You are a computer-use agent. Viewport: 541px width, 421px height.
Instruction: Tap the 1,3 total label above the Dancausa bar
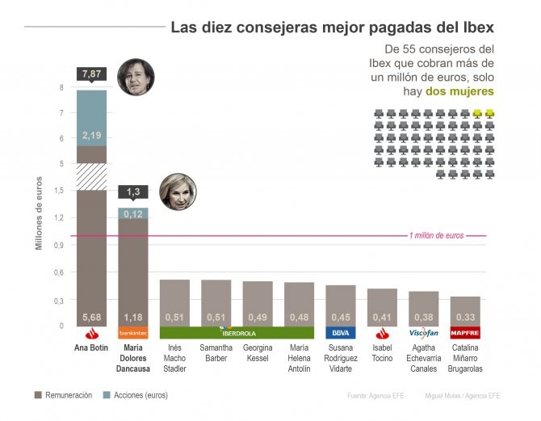pos(133,192)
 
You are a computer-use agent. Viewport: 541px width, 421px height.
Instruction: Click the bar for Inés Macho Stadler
pos(174,303)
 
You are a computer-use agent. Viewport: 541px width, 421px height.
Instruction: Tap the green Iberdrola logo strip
pos(237,332)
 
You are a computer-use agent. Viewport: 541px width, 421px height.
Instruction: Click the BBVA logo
pos(340,332)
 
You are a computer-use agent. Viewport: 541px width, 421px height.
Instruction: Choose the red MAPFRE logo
pos(465,332)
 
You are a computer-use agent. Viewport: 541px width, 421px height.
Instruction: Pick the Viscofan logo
pos(423,332)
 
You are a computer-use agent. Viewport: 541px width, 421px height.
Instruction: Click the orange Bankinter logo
pos(133,332)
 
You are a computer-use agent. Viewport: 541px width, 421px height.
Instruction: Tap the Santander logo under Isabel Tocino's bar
pos(382,332)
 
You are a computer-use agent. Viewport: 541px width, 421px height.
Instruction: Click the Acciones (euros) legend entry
pos(135,395)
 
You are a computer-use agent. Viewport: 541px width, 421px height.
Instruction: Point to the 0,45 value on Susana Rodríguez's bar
pos(340,317)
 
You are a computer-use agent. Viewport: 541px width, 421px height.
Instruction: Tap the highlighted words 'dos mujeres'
pos(459,92)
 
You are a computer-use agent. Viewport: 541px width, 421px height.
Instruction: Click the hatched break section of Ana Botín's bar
pos(91,176)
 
